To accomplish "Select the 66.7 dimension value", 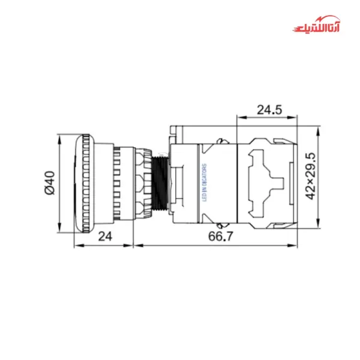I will coord(220,236).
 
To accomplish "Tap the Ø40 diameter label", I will coord(50,182).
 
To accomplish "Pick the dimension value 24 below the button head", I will coord(105,236).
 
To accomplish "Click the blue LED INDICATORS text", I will coord(203,183).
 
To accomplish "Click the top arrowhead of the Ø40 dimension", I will coord(60,137).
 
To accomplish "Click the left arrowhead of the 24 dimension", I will coord(76,245).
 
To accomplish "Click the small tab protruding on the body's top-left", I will coord(173,130).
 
